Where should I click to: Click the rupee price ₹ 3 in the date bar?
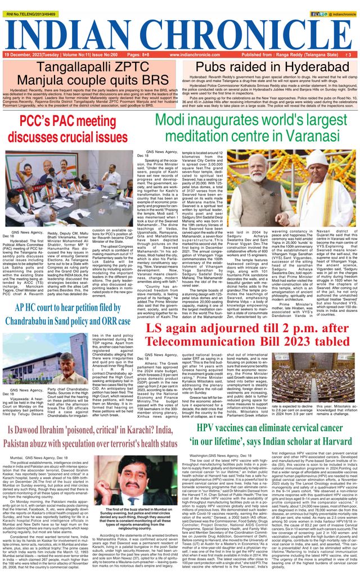tap(348, 55)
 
